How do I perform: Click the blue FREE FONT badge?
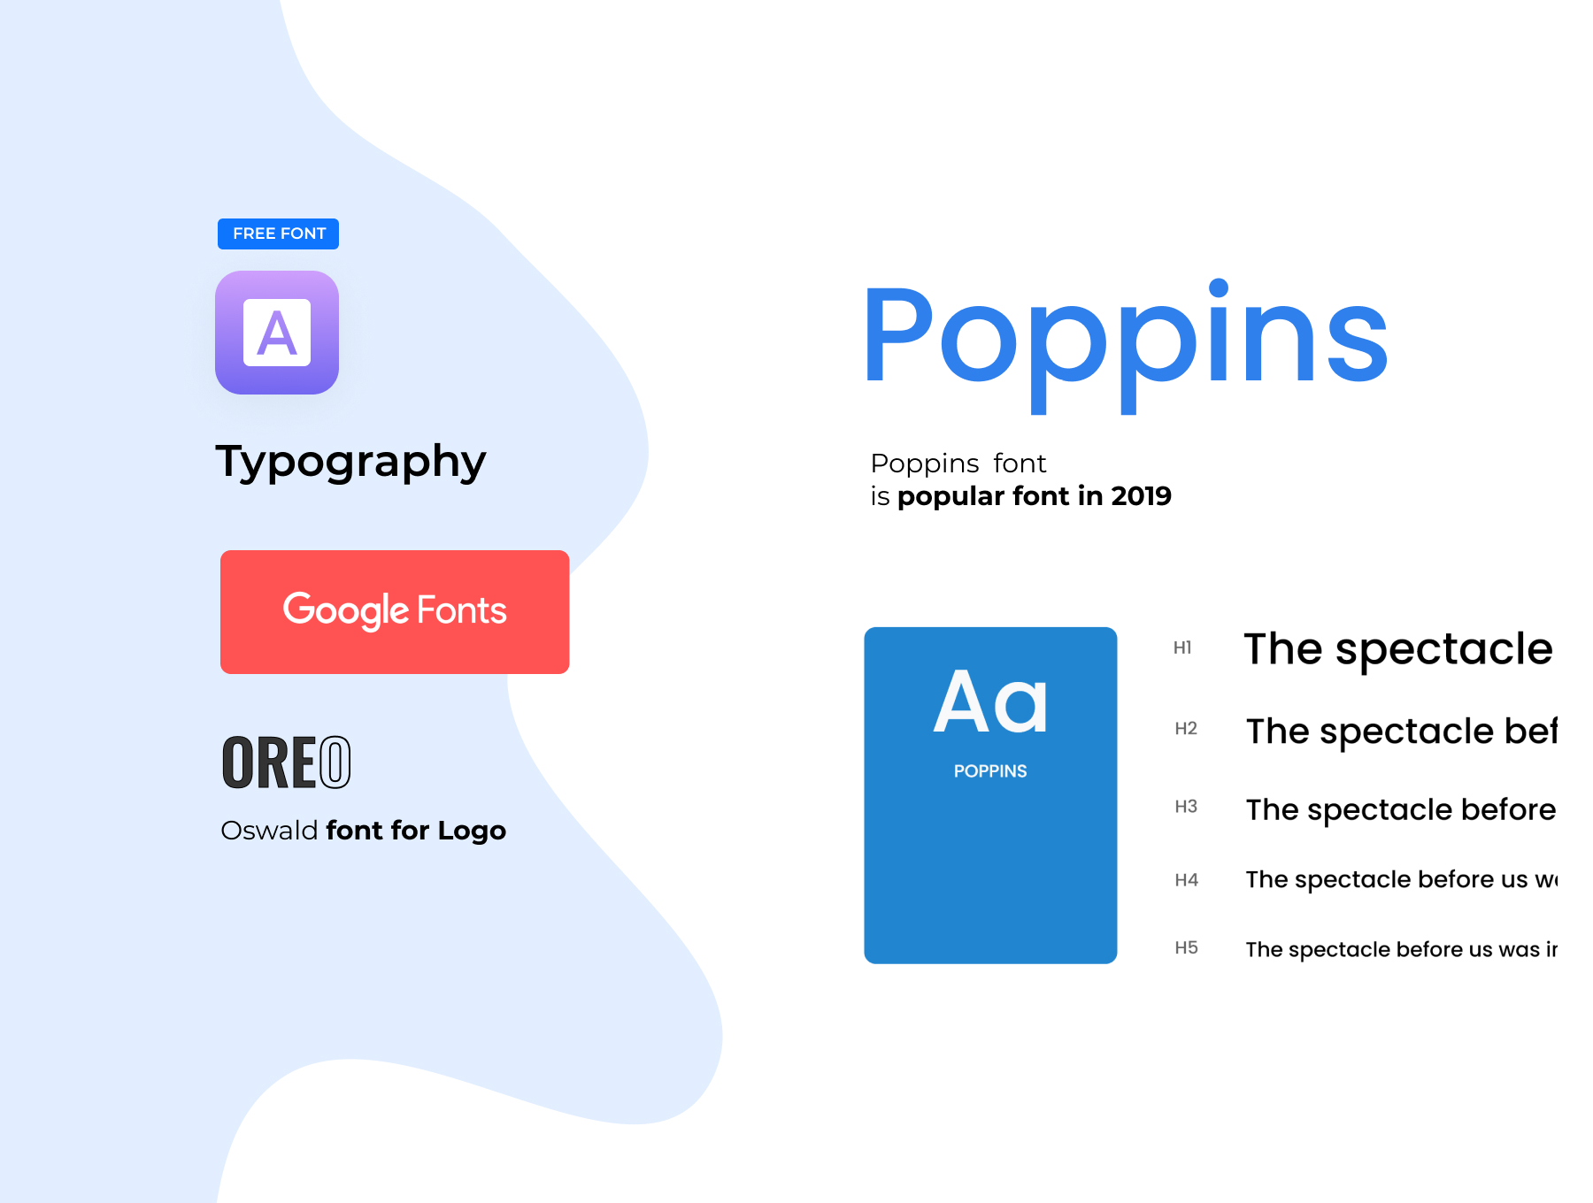click(278, 234)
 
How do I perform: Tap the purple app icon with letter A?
click(277, 333)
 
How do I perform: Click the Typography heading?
click(350, 462)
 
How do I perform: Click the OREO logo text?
click(286, 762)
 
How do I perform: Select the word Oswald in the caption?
click(269, 830)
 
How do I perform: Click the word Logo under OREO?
click(472, 831)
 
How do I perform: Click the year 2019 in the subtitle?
click(1142, 496)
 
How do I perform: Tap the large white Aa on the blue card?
click(990, 702)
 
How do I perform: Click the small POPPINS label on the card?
click(990, 771)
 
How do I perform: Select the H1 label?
click(1182, 647)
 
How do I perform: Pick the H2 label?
click(1186, 728)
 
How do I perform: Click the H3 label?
click(1186, 806)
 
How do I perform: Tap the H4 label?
click(1186, 879)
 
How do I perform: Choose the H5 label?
click(1186, 947)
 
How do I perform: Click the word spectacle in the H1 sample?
click(1443, 651)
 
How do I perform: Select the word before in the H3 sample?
click(1508, 809)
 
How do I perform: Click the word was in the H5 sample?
click(1519, 950)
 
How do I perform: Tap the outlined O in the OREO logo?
click(335, 762)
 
